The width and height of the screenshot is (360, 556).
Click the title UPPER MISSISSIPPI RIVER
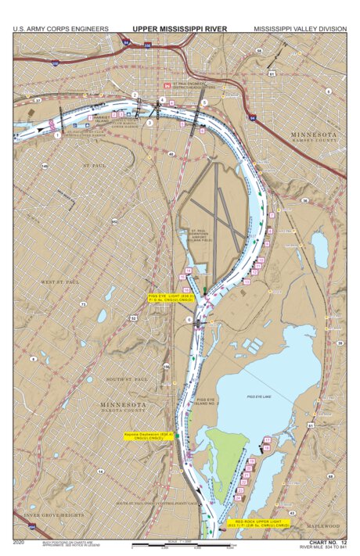[x=179, y=29]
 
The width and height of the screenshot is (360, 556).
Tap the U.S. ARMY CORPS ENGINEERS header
[x=60, y=29]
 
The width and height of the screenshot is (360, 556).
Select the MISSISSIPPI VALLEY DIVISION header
[x=299, y=29]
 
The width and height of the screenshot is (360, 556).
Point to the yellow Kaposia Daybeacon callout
[x=148, y=436]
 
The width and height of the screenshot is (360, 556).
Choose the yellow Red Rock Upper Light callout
[x=262, y=523]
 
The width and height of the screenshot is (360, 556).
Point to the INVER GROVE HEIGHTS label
[x=53, y=516]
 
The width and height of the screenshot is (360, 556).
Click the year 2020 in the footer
[x=20, y=541]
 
